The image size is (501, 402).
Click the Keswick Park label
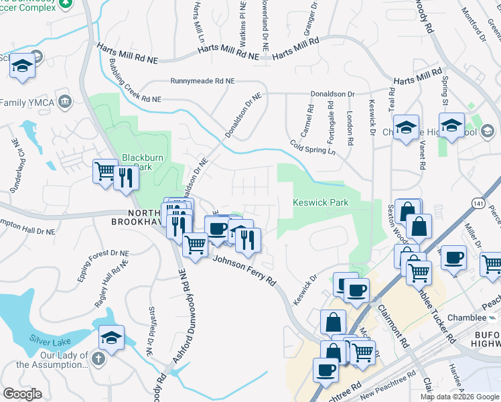(x=321, y=202)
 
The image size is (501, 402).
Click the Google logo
(x=22, y=394)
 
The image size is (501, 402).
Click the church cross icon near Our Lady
(x=98, y=358)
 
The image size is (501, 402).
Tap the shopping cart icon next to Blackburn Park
(x=105, y=172)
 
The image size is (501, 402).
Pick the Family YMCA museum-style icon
(x=65, y=103)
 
